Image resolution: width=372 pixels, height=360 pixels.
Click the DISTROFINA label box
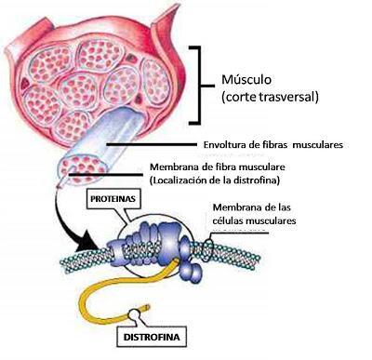point(150,339)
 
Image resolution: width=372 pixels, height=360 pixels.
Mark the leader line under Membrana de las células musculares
point(241,233)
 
